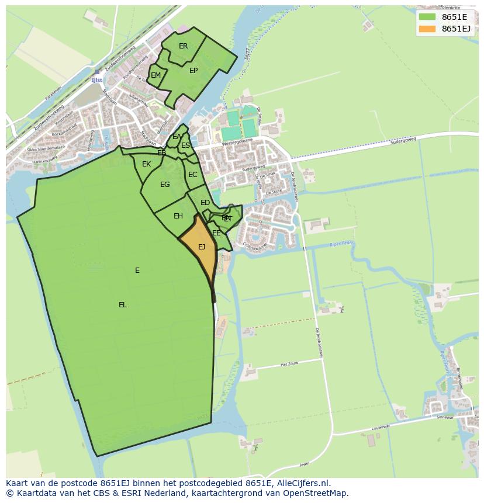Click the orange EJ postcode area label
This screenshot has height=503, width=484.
[x=202, y=247]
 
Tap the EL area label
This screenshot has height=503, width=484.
[x=123, y=305]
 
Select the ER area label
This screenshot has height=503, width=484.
[x=184, y=46]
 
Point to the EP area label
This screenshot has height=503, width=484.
[x=193, y=71]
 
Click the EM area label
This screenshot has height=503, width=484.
[x=155, y=75]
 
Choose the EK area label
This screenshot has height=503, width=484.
[x=147, y=164]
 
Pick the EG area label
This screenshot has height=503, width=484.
[x=165, y=185]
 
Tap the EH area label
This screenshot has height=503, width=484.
[x=178, y=216]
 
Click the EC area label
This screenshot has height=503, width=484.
[x=193, y=175]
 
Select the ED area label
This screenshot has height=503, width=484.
[x=205, y=203]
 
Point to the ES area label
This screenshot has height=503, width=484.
[x=185, y=145]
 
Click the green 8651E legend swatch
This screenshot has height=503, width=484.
[x=428, y=17]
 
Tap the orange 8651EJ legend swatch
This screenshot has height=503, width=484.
[x=428, y=29]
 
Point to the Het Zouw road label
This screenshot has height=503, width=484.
[x=289, y=364]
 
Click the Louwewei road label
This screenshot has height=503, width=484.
[x=380, y=428]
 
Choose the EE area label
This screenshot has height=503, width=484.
[x=217, y=233]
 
